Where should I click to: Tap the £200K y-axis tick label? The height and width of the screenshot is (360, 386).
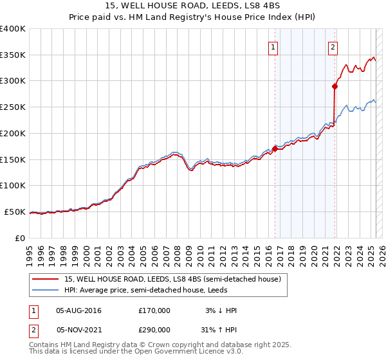pyautogui.click(x=12, y=133)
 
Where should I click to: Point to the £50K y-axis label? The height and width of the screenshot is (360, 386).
pyautogui.click(x=14, y=212)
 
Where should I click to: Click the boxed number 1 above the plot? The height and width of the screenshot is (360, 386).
pyautogui.click(x=273, y=46)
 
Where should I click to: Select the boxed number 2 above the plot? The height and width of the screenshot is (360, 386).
pyautogui.click(x=333, y=46)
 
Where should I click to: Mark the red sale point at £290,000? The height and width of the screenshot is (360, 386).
pyautogui.click(x=335, y=85)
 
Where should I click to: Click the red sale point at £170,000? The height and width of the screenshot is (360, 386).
pyautogui.click(x=275, y=148)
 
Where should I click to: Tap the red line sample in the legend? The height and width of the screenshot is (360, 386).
pyautogui.click(x=46, y=280)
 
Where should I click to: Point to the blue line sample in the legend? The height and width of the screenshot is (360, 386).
pyautogui.click(x=46, y=290)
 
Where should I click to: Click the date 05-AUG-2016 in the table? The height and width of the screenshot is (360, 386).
pyautogui.click(x=78, y=310)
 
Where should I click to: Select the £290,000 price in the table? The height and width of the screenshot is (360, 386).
pyautogui.click(x=154, y=328)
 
